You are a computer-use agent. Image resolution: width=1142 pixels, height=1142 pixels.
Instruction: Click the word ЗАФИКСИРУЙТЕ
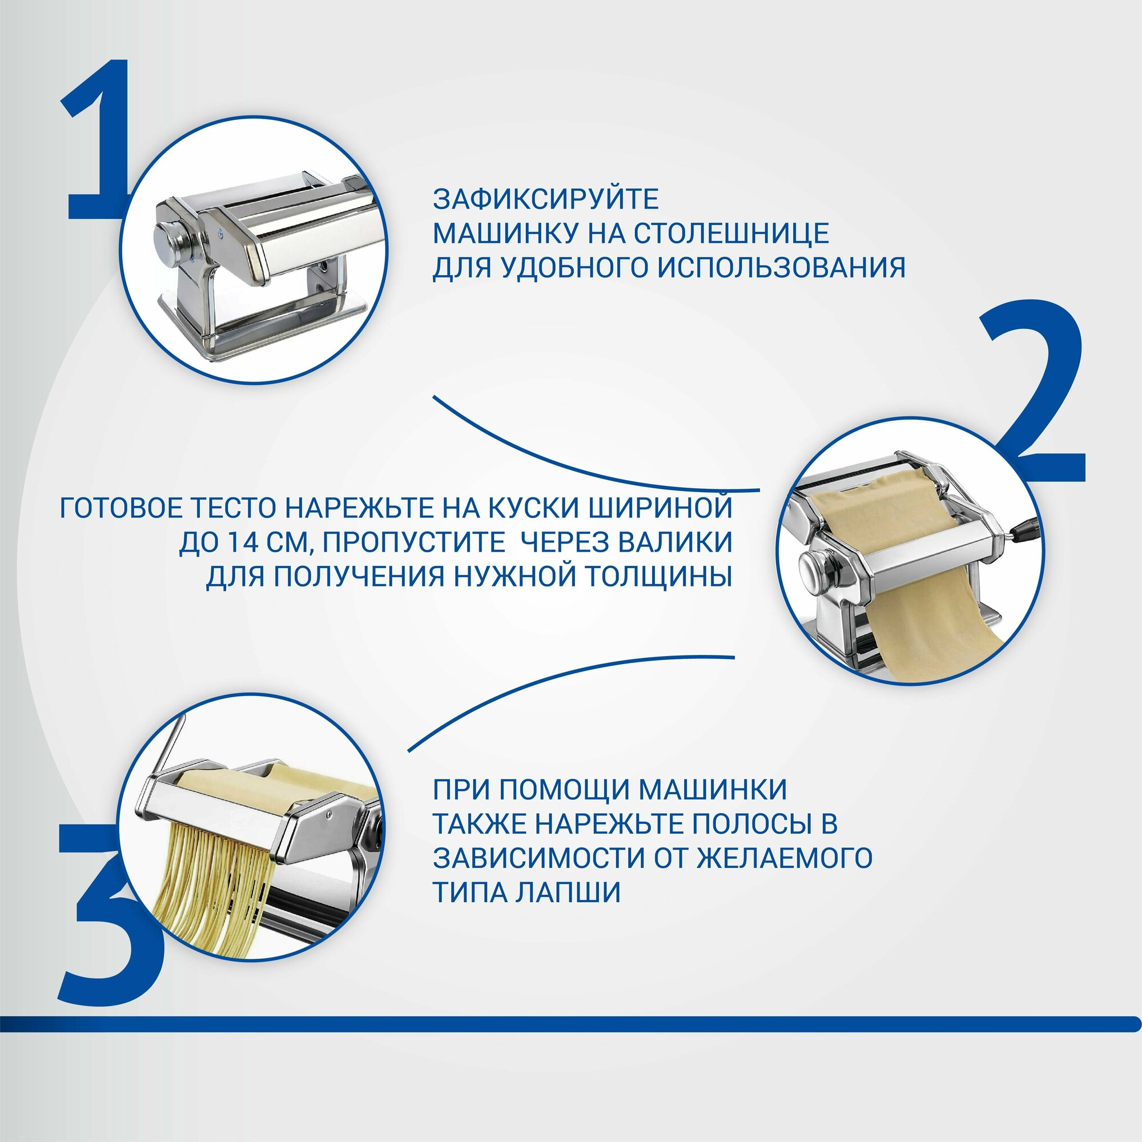click(x=545, y=199)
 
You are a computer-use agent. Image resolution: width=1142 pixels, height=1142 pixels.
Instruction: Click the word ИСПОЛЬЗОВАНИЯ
click(x=782, y=267)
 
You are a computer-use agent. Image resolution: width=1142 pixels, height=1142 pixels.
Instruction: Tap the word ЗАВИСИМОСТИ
click(x=538, y=858)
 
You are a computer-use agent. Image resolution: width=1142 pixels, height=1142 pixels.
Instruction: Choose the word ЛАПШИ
click(x=568, y=892)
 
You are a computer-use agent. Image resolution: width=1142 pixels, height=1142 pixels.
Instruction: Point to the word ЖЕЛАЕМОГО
click(x=785, y=858)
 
